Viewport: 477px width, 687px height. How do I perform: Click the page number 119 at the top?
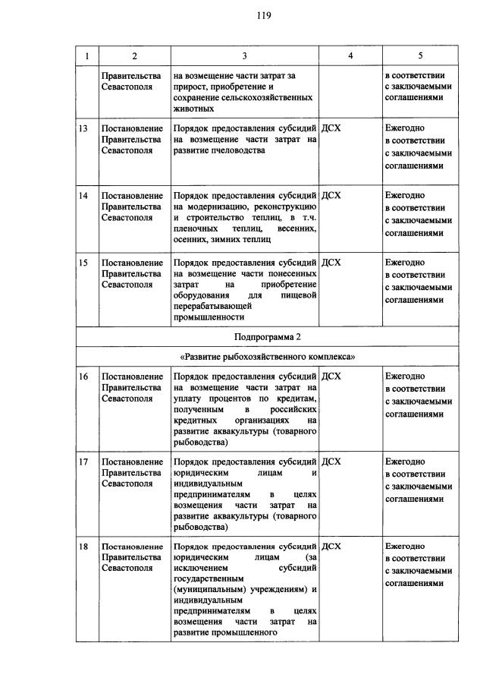point(238,15)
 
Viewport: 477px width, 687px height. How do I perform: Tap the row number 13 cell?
point(84,128)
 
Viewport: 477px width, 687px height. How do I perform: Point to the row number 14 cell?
point(84,195)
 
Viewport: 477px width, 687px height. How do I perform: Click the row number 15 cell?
point(84,262)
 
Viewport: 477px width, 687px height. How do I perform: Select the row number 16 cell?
point(84,376)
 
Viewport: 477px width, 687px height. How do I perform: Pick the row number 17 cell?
point(84,461)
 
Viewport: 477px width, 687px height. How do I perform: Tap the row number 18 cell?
point(84,546)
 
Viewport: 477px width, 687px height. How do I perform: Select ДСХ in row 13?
point(331,128)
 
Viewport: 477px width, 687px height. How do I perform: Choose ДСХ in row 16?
point(331,376)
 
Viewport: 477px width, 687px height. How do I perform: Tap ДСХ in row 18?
point(331,546)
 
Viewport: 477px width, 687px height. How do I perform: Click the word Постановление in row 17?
point(133,461)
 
